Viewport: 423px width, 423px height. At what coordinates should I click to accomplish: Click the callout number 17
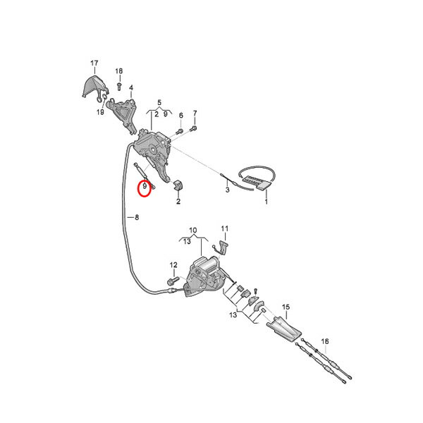point(94,63)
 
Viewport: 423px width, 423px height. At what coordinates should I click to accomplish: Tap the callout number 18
point(119,71)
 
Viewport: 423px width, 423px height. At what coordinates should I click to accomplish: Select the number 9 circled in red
point(145,186)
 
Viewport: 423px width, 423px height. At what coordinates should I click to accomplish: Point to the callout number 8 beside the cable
point(137,217)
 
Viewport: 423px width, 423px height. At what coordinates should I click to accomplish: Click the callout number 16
point(325,341)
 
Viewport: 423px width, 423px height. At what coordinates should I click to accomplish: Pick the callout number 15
point(286,307)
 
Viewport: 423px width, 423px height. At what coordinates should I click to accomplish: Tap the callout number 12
point(173,265)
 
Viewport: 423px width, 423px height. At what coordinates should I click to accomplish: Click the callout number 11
point(225,228)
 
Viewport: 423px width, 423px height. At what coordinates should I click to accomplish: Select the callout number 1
point(266,202)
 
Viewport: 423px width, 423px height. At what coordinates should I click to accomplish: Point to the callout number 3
point(228,190)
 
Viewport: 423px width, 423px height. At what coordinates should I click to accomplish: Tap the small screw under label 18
point(119,86)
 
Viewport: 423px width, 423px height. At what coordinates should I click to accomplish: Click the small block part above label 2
point(178,185)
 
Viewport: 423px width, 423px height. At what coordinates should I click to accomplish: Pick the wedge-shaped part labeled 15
point(283,330)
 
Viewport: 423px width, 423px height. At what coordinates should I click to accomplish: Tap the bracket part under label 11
point(223,247)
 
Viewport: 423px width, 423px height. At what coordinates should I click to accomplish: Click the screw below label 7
point(194,128)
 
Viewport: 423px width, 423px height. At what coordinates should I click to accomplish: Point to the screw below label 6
point(179,132)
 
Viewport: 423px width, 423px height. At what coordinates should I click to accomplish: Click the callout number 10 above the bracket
point(193,231)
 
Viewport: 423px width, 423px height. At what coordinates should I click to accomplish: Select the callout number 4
point(131,87)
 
